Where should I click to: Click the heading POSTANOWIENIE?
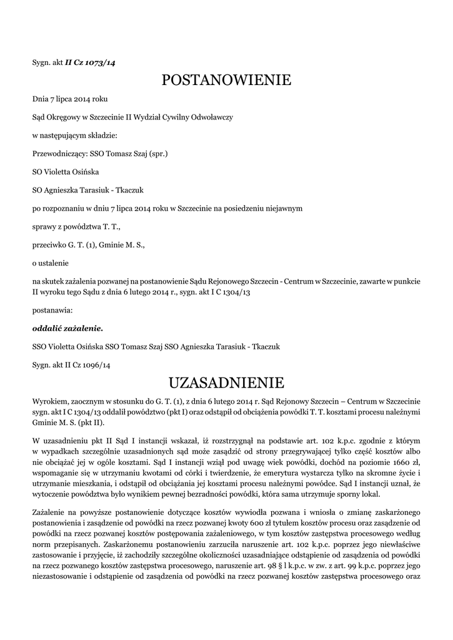[x=226, y=80]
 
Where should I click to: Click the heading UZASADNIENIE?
[x=226, y=382]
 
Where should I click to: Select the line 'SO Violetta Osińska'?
[x=65, y=171]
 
